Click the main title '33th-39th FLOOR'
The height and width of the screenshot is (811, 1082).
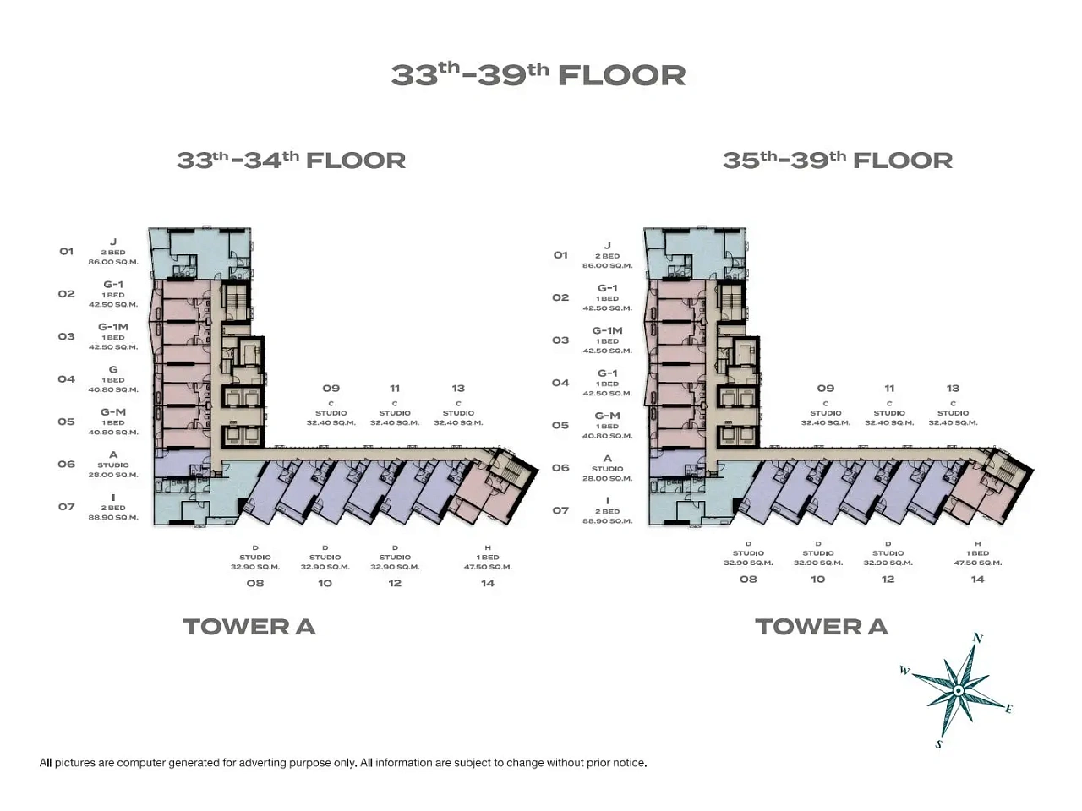click(x=538, y=75)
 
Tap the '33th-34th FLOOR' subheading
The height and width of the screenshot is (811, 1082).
click(x=291, y=161)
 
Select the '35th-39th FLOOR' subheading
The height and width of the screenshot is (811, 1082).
click(x=838, y=161)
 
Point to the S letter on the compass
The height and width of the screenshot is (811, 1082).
click(x=939, y=744)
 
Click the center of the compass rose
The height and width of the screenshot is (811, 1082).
click(x=959, y=691)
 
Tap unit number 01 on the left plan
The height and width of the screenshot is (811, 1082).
click(x=67, y=252)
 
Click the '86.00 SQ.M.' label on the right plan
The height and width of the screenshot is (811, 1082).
click(x=607, y=265)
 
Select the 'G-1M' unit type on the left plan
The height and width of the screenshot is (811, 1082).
click(x=113, y=327)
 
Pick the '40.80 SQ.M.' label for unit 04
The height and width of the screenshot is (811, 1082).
click(x=113, y=389)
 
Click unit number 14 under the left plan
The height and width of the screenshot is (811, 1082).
click(x=488, y=583)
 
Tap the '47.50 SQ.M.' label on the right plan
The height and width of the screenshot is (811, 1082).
click(x=977, y=563)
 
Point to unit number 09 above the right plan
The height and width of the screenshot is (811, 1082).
click(x=826, y=389)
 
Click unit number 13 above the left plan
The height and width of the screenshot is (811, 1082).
click(x=458, y=389)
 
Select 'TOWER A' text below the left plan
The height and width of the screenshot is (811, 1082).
click(x=249, y=627)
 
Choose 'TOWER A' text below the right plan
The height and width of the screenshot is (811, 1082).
click(x=822, y=627)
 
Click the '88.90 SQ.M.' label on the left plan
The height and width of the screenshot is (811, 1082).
click(x=113, y=518)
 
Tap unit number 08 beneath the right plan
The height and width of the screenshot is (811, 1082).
click(x=748, y=579)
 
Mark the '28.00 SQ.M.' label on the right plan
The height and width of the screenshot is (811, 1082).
click(x=607, y=478)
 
